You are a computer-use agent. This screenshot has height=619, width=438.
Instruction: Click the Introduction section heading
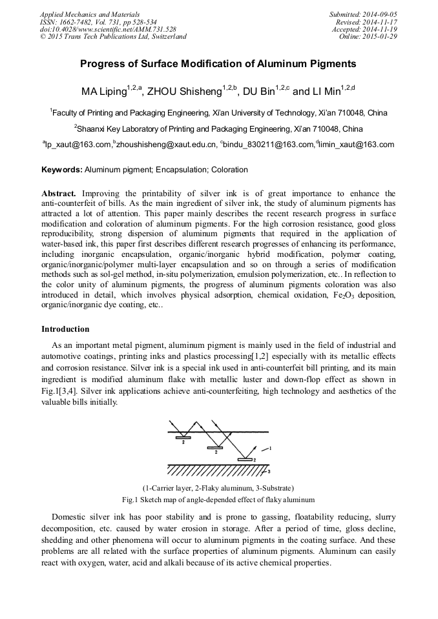tap(65, 329)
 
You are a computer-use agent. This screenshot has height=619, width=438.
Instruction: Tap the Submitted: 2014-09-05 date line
tap(363, 14)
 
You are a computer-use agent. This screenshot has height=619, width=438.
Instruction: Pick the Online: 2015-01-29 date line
tap(368, 37)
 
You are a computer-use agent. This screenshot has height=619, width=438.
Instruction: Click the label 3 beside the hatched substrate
tap(269, 472)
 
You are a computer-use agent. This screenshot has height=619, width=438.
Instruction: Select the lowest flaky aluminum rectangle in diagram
tap(244, 460)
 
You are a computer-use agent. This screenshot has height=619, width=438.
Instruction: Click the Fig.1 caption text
tap(218, 500)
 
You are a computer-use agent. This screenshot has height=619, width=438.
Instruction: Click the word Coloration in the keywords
tap(229, 170)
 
